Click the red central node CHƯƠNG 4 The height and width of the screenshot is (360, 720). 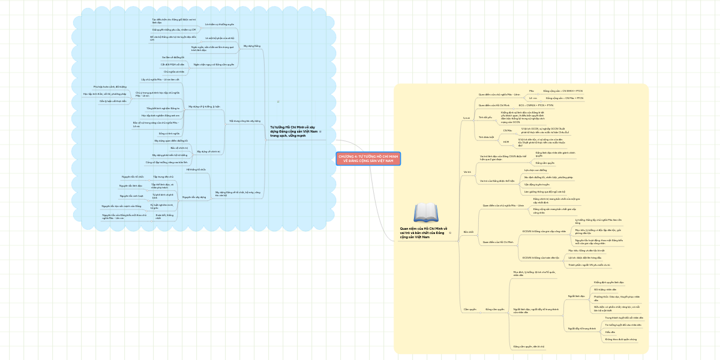pos(368,158)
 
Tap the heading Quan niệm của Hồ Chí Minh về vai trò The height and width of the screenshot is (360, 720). pos(424,233)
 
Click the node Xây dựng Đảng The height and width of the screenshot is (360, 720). pos(252,46)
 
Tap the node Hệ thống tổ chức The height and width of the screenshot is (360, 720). pos(196,170)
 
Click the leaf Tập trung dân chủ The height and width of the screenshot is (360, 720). pos(163,177)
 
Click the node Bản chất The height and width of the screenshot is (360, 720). pos(469,232)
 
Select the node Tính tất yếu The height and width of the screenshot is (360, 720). pos(484,117)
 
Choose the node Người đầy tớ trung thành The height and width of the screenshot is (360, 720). pos(581,328)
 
